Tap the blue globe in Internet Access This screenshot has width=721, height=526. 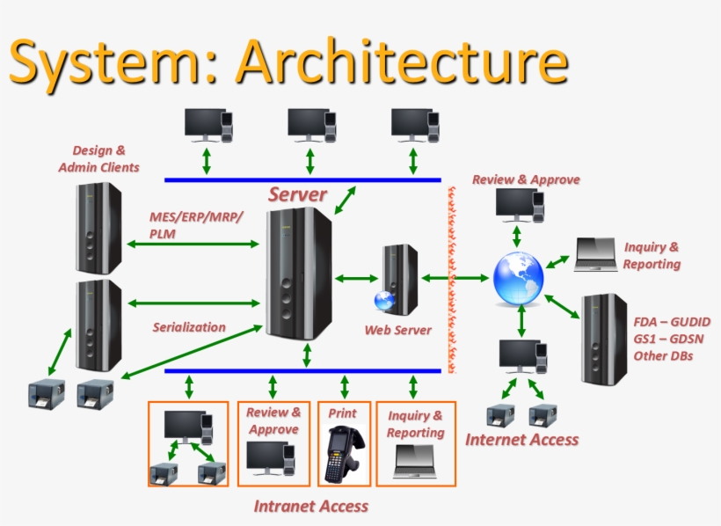point(516,279)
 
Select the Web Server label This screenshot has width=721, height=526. point(398,330)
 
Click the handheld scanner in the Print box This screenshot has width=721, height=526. point(341,453)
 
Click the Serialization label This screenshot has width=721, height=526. point(188,327)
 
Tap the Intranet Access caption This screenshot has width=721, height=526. point(310,506)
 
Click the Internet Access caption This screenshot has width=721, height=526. point(521,439)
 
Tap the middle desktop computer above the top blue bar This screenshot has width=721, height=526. point(309,125)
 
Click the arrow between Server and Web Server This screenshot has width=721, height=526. point(356,279)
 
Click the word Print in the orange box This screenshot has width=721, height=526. point(342,412)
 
